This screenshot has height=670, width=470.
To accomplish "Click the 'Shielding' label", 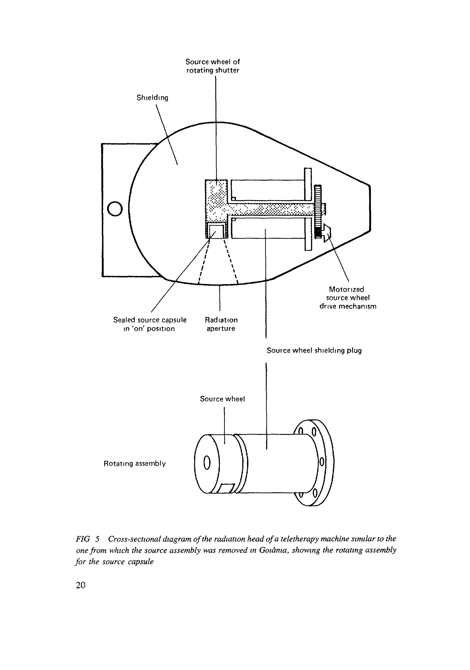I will pyautogui.click(x=152, y=98).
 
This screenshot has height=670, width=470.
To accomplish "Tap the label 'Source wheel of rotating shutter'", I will pyautogui.click(x=213, y=66).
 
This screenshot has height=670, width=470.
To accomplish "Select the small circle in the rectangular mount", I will pyautogui.click(x=115, y=209).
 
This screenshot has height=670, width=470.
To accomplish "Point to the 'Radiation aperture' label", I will pyautogui.click(x=221, y=324).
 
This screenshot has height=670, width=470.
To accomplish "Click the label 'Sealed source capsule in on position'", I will pyautogui.click(x=150, y=324).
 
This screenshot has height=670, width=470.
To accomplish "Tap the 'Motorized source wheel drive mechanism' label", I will pyautogui.click(x=348, y=298).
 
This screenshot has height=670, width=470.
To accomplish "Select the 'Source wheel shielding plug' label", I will pyautogui.click(x=314, y=350).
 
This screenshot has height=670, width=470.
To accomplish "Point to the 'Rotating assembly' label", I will pyautogui.click(x=135, y=464).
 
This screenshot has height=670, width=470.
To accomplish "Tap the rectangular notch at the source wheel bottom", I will pyautogui.click(x=227, y=488).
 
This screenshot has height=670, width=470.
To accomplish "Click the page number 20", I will pyautogui.click(x=81, y=585).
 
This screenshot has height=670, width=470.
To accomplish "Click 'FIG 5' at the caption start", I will pyautogui.click(x=87, y=539).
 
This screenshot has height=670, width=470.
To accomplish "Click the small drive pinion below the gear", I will pyautogui.click(x=326, y=232).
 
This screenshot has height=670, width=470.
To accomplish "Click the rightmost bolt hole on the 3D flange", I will pyautogui.click(x=322, y=462).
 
